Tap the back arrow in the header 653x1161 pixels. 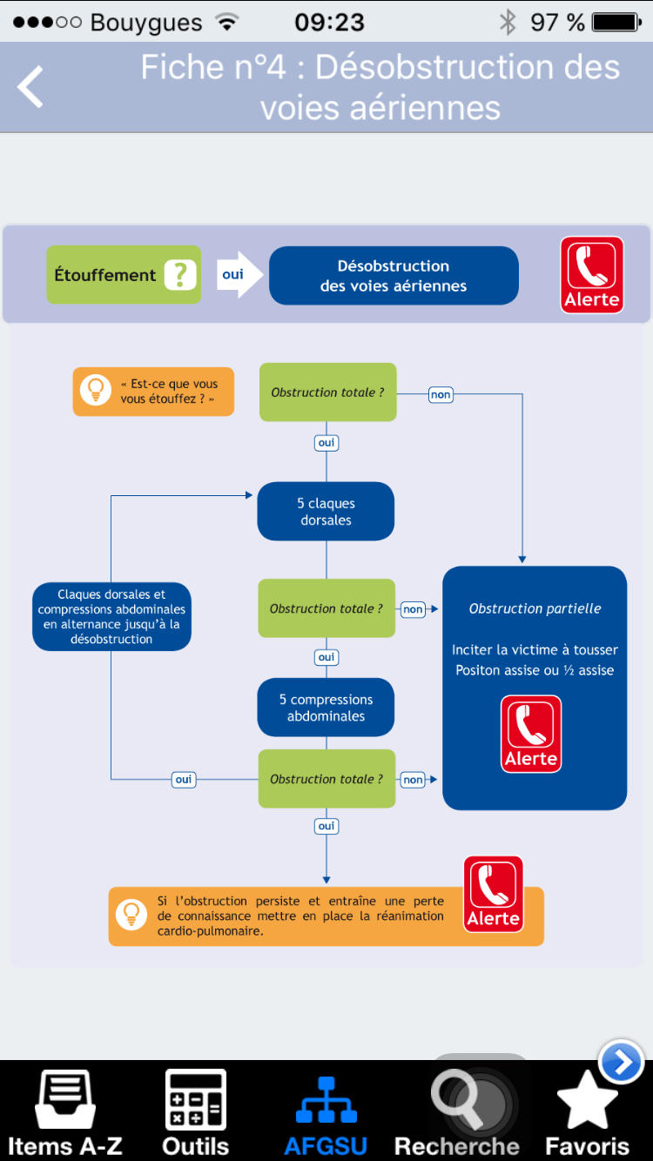pyautogui.click(x=30, y=86)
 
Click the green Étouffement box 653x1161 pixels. pyautogui.click(x=124, y=274)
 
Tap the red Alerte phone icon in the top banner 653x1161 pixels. pyautogui.click(x=592, y=275)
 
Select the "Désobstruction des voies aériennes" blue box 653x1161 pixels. pyautogui.click(x=394, y=275)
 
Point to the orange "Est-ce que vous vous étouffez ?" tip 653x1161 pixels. pyautogui.click(x=153, y=392)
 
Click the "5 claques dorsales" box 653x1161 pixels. pyautogui.click(x=326, y=511)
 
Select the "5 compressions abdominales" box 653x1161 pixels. pyautogui.click(x=326, y=708)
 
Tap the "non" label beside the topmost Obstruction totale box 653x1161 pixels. pyautogui.click(x=441, y=394)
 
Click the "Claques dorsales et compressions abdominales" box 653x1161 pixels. pyautogui.click(x=111, y=616)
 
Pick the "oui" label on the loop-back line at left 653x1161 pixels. pyautogui.click(x=184, y=780)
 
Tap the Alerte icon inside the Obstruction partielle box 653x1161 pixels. pyautogui.click(x=531, y=734)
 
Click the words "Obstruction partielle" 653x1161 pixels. pyautogui.click(x=535, y=608)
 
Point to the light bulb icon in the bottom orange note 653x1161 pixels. pyautogui.click(x=131, y=915)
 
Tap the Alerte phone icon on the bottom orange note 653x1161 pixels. pyautogui.click(x=494, y=894)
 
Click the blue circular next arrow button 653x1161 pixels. pyautogui.click(x=621, y=1062)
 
